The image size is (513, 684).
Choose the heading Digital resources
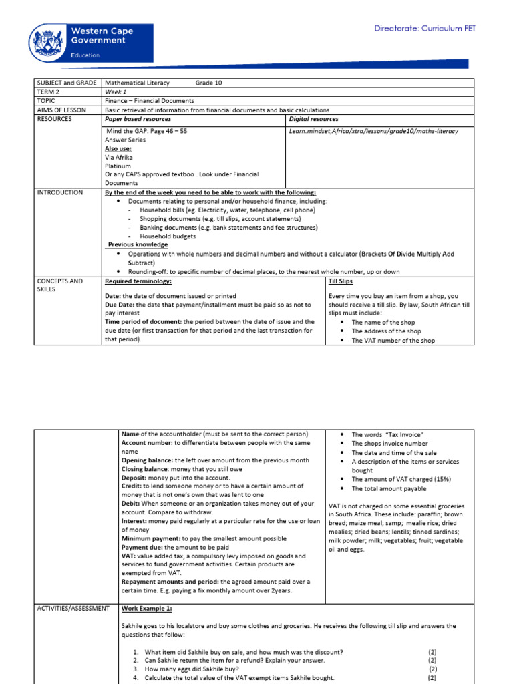313,119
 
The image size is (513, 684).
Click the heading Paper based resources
138,119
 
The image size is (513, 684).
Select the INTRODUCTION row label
60,192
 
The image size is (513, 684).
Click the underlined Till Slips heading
342,281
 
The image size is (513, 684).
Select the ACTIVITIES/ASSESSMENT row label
73,609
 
